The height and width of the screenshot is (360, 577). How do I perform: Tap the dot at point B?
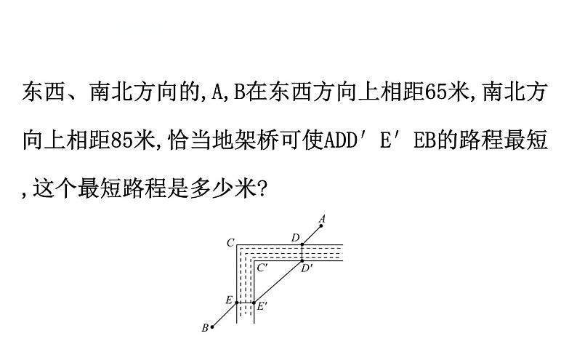211,327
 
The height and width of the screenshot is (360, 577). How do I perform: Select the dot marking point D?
302,244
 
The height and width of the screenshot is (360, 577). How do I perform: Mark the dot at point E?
237,302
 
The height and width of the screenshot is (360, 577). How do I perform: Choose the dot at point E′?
254,302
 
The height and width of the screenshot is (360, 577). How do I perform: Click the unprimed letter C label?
230,242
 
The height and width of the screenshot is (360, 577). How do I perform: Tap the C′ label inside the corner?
264,268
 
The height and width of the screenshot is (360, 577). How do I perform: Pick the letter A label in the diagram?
322,217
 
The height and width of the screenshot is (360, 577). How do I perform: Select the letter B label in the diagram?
205,328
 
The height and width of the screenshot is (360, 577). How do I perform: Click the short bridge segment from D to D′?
302,253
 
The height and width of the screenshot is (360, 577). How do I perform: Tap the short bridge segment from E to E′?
246,302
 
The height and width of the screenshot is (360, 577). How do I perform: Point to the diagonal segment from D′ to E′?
278,281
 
